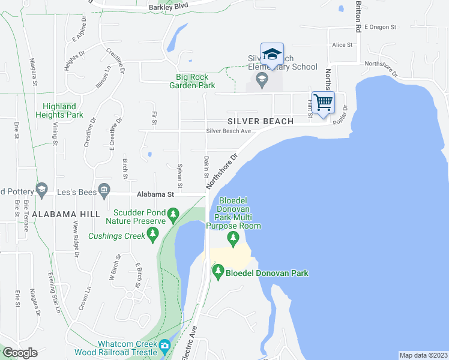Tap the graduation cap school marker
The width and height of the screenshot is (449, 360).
(x=272, y=54)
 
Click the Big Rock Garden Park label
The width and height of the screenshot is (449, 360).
(x=195, y=81)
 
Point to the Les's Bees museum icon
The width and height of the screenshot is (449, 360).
(x=104, y=191)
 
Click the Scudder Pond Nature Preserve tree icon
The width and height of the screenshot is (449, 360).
(x=173, y=214)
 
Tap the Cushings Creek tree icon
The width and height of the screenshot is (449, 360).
(x=152, y=235)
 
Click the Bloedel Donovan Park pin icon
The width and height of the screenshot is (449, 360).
(x=218, y=273)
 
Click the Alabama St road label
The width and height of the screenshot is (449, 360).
(x=155, y=194)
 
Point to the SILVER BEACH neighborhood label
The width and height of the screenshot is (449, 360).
(x=261, y=121)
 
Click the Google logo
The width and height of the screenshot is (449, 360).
(x=20, y=353)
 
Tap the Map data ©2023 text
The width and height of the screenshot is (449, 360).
(x=423, y=355)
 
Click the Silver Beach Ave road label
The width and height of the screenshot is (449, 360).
(x=228, y=131)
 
